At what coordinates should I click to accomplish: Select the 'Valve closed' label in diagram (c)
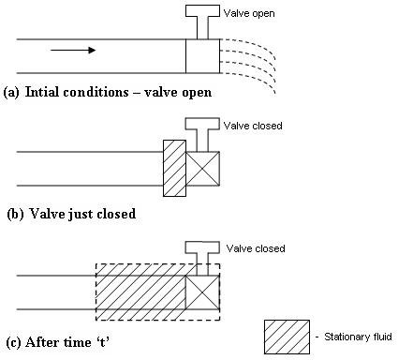pos(255,248)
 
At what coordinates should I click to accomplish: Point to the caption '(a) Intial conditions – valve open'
pos(108,92)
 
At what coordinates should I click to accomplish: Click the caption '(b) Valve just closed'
pos(70,214)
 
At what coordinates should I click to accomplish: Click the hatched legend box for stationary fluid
pos(287,337)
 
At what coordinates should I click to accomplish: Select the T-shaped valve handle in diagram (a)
pos(201,19)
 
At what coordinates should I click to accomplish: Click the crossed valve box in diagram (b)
pos(202,166)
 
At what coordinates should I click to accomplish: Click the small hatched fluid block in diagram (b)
pos(174,168)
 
